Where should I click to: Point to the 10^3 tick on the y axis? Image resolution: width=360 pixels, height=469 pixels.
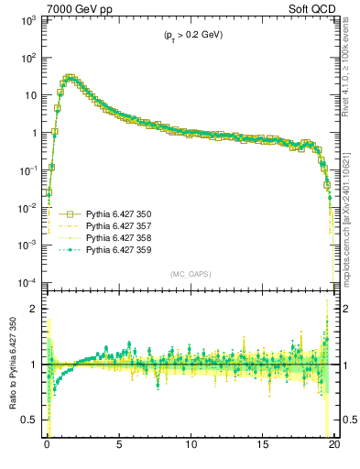coord(27,20)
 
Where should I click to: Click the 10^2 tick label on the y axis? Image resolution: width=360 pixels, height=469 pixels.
coord(27,58)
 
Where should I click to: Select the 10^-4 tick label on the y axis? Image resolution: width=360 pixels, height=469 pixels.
coord(26,282)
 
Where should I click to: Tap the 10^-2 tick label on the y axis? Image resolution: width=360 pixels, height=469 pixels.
coord(26,208)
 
